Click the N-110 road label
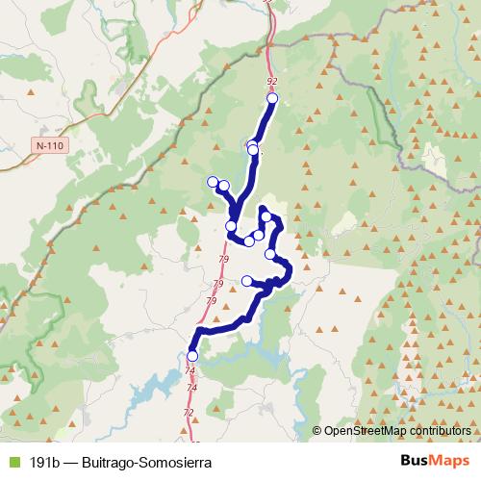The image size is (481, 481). (49, 145)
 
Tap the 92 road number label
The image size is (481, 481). (271, 82)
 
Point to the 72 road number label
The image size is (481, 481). (188, 413)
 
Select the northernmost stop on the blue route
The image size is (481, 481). (272, 98)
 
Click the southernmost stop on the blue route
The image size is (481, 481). (192, 356)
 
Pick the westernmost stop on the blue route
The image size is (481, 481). (212, 181)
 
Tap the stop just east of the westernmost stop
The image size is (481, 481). (223, 186)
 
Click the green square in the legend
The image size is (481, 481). (13, 462)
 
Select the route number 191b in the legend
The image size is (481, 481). (43, 462)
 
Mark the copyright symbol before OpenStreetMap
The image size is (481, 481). (317, 431)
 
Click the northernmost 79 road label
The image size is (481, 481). (224, 260)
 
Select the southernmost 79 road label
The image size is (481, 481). (210, 301)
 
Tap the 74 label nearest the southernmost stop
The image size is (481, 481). (190, 370)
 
